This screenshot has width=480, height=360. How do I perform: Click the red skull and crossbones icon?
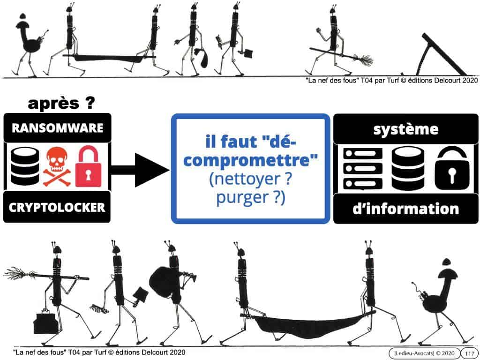point(57,166)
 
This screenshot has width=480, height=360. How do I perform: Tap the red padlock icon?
point(88,166)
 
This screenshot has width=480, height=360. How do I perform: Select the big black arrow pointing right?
point(140,170)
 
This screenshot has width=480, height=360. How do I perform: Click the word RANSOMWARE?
point(57,127)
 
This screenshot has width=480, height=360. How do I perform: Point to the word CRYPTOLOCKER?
point(57,208)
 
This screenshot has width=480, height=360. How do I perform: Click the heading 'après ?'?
point(61,103)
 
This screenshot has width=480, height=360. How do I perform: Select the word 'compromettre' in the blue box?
point(250,160)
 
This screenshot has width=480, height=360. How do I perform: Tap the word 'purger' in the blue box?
point(242,197)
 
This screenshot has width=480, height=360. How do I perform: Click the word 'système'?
point(405,129)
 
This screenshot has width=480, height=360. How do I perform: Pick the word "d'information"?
point(405,209)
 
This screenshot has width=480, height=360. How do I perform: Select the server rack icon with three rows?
point(363,169)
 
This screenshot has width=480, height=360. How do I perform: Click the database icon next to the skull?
point(25,166)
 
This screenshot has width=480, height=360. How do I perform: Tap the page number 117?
point(469,353)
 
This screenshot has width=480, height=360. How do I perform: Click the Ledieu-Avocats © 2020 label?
point(424,353)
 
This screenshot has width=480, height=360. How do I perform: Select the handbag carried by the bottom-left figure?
point(45,323)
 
